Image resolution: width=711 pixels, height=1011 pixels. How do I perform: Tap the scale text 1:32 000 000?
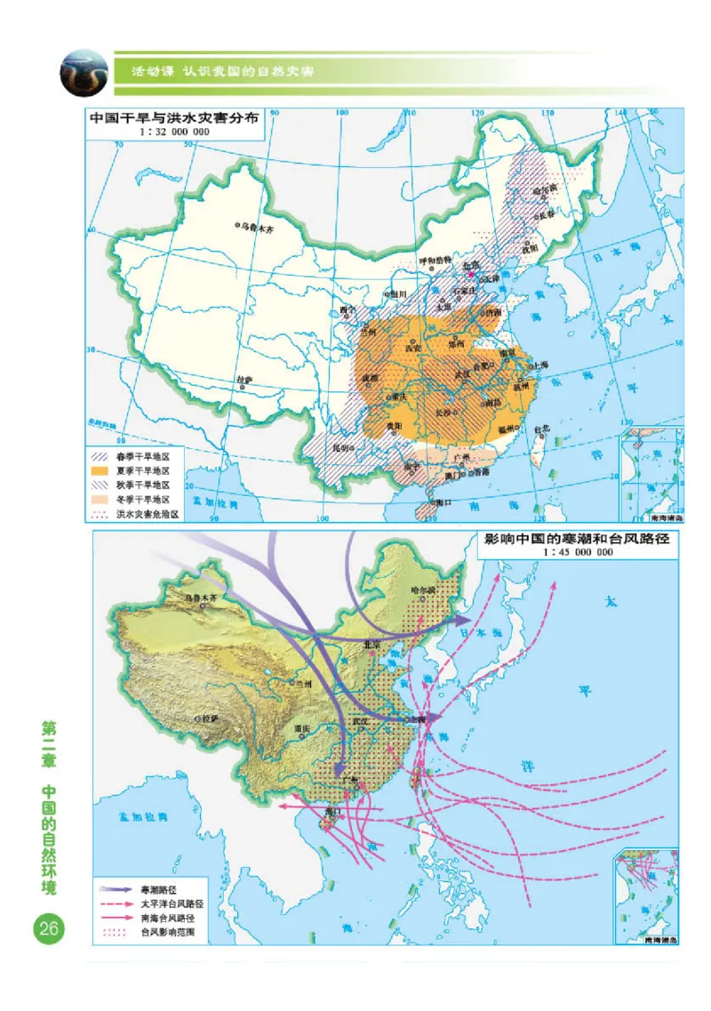pos(174,132)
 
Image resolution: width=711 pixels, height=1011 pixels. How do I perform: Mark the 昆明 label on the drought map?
pos(342,447)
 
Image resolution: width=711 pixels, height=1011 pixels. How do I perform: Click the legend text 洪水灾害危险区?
pos(148,513)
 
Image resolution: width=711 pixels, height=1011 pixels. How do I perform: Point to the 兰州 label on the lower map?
pos(305,683)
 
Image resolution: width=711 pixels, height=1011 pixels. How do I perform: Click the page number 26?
pos(48,929)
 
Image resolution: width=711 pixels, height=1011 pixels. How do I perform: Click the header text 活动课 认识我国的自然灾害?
pos(222,70)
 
